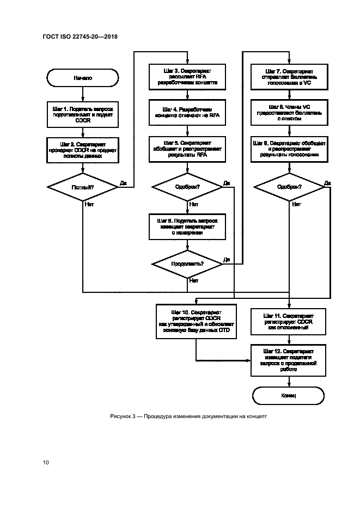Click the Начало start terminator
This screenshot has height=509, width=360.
click(x=83, y=78)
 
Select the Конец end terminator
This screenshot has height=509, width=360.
click(x=289, y=395)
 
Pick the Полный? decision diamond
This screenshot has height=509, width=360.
click(x=83, y=187)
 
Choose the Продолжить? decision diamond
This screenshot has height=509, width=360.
click(x=187, y=263)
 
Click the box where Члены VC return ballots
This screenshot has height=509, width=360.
click(x=289, y=113)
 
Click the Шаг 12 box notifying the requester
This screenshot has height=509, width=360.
click(x=289, y=360)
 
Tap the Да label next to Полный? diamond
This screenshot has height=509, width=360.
click(x=123, y=183)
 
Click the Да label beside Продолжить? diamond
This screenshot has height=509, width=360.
click(x=227, y=260)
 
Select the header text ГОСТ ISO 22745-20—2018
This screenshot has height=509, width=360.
click(x=80, y=37)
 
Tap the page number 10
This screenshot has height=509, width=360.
click(x=46, y=462)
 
